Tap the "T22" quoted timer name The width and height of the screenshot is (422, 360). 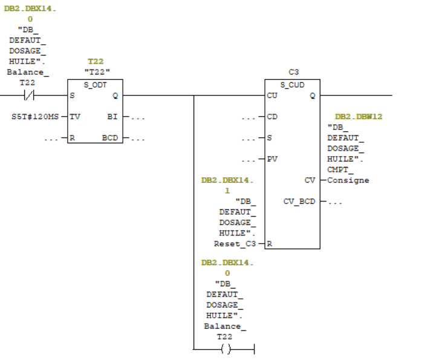(x=94, y=71)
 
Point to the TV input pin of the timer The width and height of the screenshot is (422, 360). (x=75, y=117)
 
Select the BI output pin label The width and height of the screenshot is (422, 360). (x=113, y=117)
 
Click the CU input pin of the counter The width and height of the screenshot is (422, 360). (x=271, y=96)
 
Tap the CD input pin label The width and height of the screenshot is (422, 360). (x=271, y=117)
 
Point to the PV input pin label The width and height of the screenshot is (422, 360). (x=271, y=159)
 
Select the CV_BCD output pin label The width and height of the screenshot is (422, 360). (x=299, y=201)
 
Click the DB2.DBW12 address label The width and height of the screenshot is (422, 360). (x=359, y=117)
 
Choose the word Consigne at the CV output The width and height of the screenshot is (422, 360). (x=348, y=180)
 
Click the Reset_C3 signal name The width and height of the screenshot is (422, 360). (x=235, y=244)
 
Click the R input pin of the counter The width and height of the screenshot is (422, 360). (x=270, y=244)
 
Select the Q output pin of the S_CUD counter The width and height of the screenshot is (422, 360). (x=312, y=96)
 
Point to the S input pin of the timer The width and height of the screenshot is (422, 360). (x=73, y=96)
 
